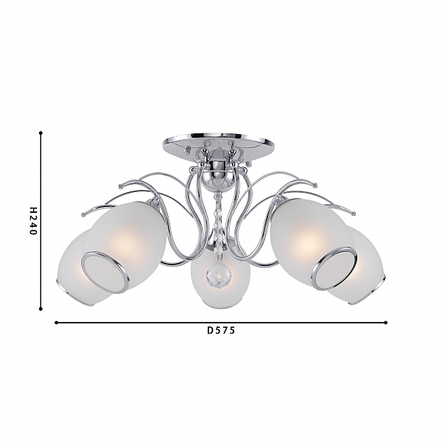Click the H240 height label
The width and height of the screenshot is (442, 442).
pyautogui.click(x=33, y=221)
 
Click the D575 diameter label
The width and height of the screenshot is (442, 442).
pyautogui.click(x=221, y=330)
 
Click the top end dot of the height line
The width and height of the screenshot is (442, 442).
pyautogui.click(x=41, y=133)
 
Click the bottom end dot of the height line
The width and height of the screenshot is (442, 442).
pyautogui.click(x=41, y=309)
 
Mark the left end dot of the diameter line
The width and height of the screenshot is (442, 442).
pyautogui.click(x=57, y=323)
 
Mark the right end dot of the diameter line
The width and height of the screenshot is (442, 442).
pyautogui.click(x=386, y=323)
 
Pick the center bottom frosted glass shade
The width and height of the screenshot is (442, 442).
pyautogui.click(x=220, y=278)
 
